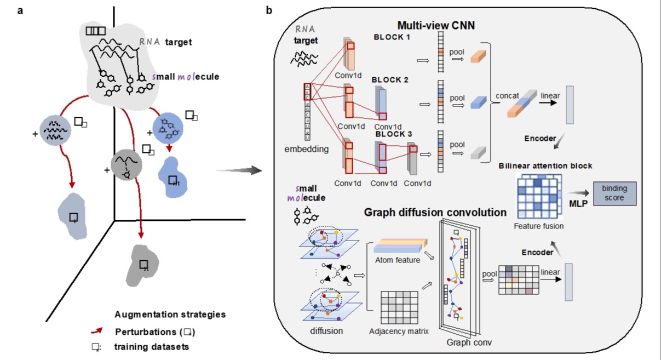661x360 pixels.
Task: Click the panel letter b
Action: click(x=269, y=10)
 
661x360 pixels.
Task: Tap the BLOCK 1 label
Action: click(x=394, y=37)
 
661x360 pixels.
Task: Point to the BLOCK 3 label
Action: click(x=395, y=133)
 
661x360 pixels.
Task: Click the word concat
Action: click(x=507, y=96)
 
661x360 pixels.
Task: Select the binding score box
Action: click(x=614, y=193)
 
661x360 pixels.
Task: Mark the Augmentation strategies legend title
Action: click(x=170, y=315)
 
